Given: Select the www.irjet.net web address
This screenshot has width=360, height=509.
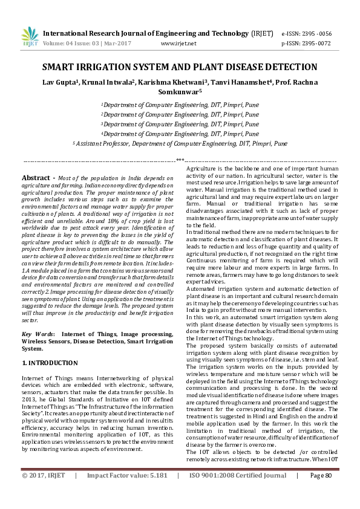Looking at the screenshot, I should point(178,44).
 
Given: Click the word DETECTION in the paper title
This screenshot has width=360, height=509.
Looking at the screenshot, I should point(287,67).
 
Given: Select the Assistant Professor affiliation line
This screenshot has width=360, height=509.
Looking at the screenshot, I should point(180,144).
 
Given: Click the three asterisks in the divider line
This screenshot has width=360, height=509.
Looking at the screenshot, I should point(180,160).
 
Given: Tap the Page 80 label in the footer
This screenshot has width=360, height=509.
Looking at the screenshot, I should point(321,493).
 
